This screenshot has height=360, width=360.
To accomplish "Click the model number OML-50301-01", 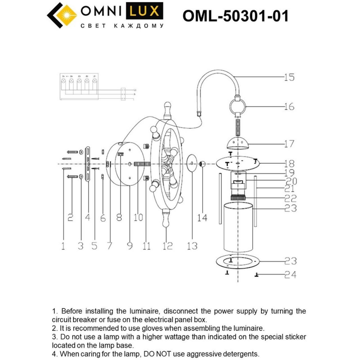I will point(235,16).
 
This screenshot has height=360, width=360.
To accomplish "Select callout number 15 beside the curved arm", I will point(289,77).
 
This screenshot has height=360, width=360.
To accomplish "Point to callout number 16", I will point(289,107).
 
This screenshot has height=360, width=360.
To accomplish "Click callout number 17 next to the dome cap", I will point(289,144).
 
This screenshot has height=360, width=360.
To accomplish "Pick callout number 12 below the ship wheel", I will point(167,246).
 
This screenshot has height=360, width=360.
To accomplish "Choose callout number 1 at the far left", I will point(63,246).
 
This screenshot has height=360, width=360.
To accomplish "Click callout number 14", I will point(202,217).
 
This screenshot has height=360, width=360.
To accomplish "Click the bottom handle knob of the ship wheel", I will point(166,221).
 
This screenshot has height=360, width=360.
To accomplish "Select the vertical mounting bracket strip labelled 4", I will point(88,164).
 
